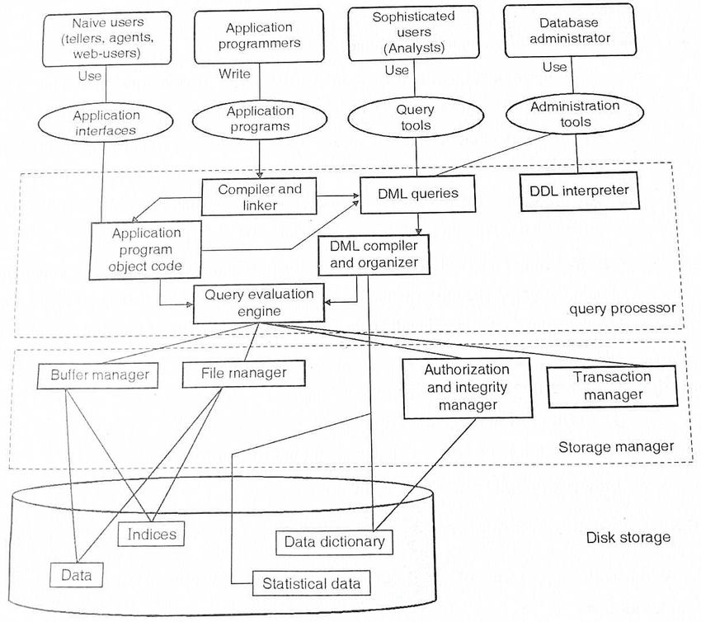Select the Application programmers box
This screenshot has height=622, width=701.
coord(259,36)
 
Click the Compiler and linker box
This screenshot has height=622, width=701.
coord(260,196)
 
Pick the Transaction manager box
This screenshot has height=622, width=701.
coord(612,385)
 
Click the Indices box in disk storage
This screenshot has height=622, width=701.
coord(152,534)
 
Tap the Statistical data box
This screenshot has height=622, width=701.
coord(311,583)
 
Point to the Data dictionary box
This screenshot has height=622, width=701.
coord(334,542)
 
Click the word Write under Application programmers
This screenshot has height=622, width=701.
coord(234,74)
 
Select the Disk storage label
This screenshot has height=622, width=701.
coord(628,538)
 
